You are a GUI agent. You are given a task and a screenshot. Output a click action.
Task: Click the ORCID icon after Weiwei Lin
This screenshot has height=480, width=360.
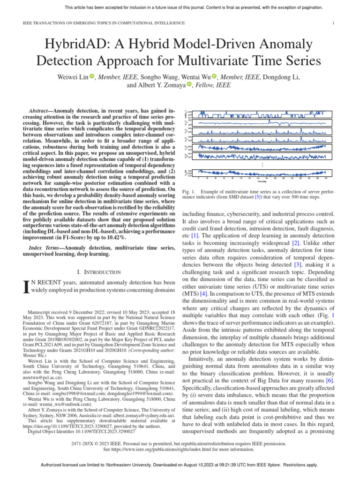coord(92,76)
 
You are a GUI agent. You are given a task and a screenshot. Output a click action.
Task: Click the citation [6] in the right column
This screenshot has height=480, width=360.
coord(330,381)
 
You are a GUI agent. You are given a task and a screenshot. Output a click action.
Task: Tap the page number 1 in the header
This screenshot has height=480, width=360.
coord(333,22)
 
